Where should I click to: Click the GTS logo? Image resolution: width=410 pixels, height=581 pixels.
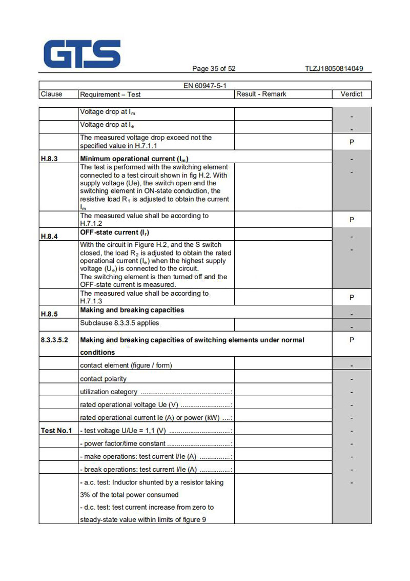[x=83, y=54]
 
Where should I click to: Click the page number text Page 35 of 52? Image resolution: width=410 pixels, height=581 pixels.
[x=214, y=69]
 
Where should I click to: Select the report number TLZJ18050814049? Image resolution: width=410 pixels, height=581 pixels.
[x=334, y=69]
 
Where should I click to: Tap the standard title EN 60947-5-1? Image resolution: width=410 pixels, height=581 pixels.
[x=205, y=86]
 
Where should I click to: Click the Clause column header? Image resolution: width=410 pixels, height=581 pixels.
[x=51, y=94]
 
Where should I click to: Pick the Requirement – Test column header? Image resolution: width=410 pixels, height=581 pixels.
[x=110, y=94]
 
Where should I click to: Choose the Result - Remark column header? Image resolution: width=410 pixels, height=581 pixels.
[x=261, y=94]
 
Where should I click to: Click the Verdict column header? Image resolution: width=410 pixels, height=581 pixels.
[x=351, y=94]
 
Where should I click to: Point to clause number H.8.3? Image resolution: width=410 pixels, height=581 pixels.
[x=49, y=159]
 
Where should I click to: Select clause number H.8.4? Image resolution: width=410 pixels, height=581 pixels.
[x=49, y=237]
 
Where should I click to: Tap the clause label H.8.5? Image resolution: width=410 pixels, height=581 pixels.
[x=49, y=314]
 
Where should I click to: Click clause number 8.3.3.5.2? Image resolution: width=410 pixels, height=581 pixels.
[x=55, y=340]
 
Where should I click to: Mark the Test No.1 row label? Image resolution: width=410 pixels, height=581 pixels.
[x=56, y=431]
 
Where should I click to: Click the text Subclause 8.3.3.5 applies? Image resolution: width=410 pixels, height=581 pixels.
[x=119, y=323]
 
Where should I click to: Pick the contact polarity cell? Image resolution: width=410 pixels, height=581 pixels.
[x=104, y=379]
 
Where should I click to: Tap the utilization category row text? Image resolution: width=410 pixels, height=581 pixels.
[x=109, y=392]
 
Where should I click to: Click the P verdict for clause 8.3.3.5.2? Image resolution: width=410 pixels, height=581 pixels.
[x=352, y=340]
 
